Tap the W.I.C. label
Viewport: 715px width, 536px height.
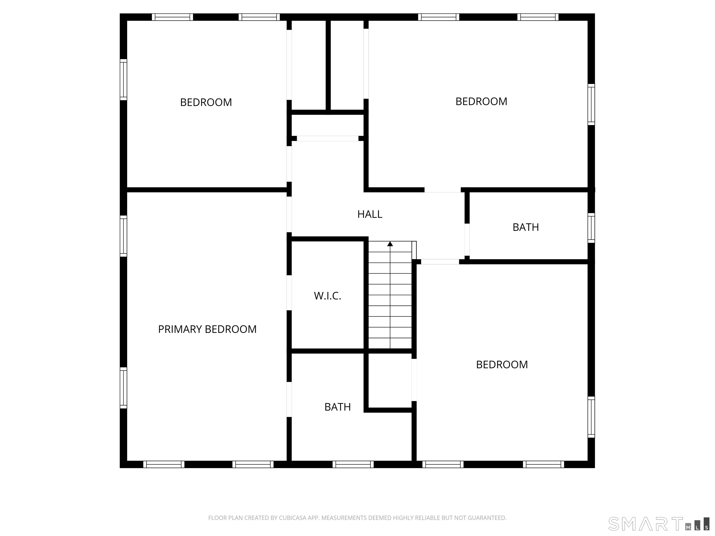pyautogui.click(x=327, y=296)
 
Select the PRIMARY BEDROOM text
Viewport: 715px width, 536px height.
pyautogui.click(x=207, y=329)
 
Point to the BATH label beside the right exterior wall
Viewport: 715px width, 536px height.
pyautogui.click(x=526, y=227)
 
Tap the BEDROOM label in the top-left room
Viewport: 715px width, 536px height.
pyautogui.click(x=206, y=102)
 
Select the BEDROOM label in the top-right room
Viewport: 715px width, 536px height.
pyautogui.click(x=481, y=101)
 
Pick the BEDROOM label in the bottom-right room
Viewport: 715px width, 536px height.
pyautogui.click(x=502, y=365)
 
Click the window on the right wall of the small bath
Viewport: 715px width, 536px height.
pyautogui.click(x=591, y=228)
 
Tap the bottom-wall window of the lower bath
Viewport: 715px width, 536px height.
pyautogui.click(x=353, y=464)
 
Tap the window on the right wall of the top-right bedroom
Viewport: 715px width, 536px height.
pyautogui.click(x=591, y=104)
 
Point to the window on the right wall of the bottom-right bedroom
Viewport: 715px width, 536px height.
pyautogui.click(x=591, y=417)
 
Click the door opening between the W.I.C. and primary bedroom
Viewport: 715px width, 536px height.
pyautogui.click(x=289, y=293)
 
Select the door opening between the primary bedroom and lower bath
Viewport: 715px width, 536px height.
pyautogui.click(x=289, y=399)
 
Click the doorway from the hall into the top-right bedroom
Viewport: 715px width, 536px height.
pyautogui.click(x=442, y=190)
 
